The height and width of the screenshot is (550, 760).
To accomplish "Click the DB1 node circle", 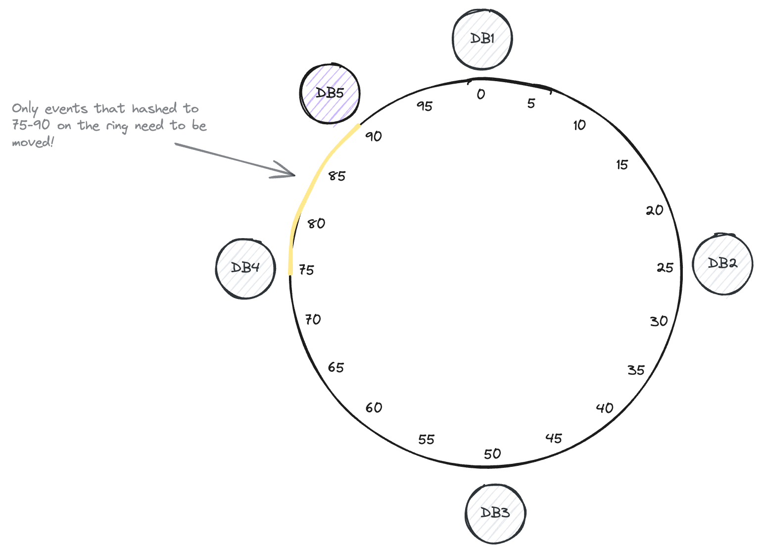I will coord(482,39).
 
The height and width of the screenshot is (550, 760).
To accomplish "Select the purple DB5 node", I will coord(330,93).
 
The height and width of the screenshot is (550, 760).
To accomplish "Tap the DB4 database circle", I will coord(245,268).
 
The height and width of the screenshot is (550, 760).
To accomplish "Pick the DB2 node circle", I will coord(722,264).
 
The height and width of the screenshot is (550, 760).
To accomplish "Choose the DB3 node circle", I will coord(495,513).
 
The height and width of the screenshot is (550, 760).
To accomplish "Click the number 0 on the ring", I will coord(481,94).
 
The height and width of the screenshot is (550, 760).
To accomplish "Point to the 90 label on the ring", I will coord(374,136).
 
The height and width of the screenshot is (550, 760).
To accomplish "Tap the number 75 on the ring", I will coord(306,270).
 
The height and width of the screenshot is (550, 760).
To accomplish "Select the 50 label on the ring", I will coord(492,454).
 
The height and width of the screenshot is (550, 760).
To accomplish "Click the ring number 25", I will coord(665,268).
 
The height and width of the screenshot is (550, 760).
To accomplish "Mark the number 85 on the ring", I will coord(337,176).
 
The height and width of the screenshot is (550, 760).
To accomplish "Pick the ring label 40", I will coord(605,408).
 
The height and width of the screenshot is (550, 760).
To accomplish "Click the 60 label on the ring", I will coord(374,407).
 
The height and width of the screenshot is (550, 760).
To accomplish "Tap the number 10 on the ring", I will coord(579,125).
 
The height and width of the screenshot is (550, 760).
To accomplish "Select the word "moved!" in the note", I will coord(33,143).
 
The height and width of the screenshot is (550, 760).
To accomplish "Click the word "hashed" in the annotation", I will coord(154,108).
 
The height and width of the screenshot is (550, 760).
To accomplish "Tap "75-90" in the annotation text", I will coord(31,125).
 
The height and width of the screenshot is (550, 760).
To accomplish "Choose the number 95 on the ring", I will coord(425,106).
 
